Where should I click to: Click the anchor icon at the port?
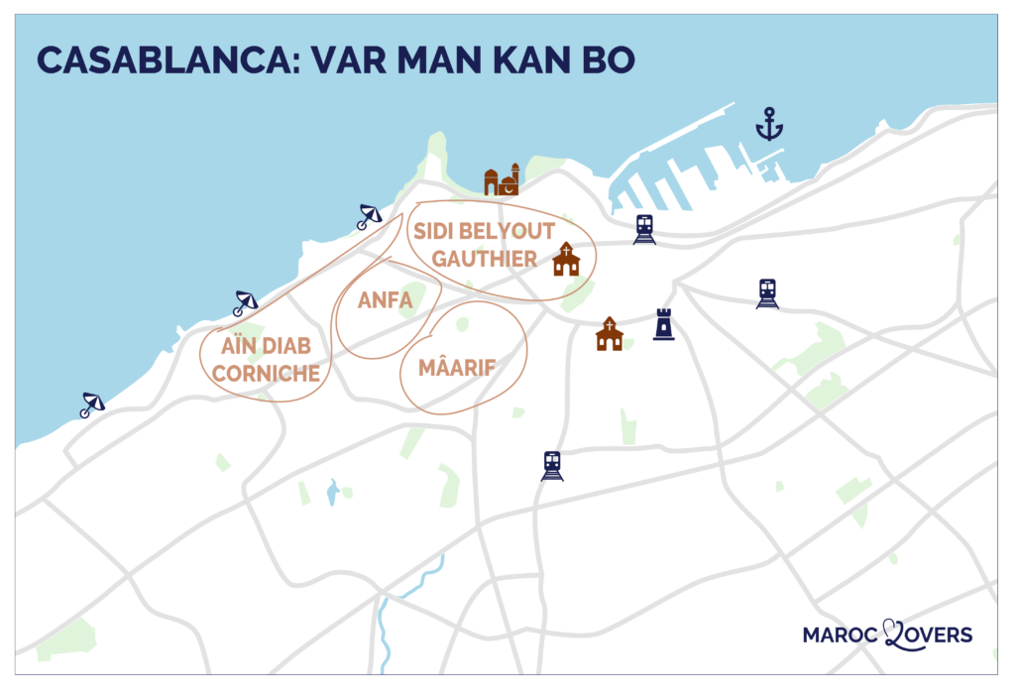pyautogui.click(x=768, y=126)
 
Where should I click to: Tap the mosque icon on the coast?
pyautogui.click(x=502, y=180)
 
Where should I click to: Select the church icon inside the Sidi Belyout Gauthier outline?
pyautogui.click(x=566, y=259)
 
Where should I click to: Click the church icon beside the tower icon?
pyautogui.click(x=610, y=334)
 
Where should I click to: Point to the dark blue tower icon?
pyautogui.click(x=663, y=325)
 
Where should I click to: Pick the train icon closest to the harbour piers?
pyautogui.click(x=644, y=229)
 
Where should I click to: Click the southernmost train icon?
pyautogui.click(x=552, y=465)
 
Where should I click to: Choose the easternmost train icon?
pyautogui.click(x=767, y=292)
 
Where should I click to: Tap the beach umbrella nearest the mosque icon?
pyautogui.click(x=369, y=216)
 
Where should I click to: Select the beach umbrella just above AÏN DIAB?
pyautogui.click(x=244, y=302)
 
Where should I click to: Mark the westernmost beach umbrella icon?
pyautogui.click(x=92, y=404)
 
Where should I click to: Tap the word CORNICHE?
pyautogui.click(x=266, y=374)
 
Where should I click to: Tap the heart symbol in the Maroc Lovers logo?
pyautogui.click(x=890, y=633)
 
